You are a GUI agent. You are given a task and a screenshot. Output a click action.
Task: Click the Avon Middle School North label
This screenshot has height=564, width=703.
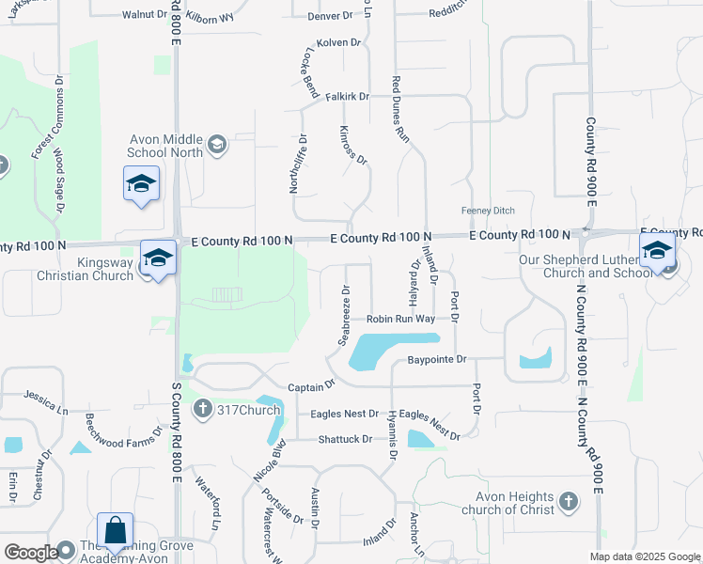(x=166, y=147)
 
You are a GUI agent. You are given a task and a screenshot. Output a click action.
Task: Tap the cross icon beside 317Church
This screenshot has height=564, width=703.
(x=202, y=409)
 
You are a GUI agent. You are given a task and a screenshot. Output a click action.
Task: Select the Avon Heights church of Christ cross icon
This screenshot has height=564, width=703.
(x=568, y=502)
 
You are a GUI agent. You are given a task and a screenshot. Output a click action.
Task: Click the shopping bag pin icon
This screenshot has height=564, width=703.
(x=115, y=531)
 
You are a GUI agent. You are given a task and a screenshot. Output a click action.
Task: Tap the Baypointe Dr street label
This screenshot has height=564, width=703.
(x=437, y=359)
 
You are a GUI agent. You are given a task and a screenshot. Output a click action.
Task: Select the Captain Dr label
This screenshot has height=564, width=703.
(x=311, y=386)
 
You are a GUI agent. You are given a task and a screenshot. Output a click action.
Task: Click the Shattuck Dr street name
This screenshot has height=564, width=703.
(x=345, y=439)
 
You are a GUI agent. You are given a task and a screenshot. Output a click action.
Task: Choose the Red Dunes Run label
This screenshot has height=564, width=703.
(x=402, y=109)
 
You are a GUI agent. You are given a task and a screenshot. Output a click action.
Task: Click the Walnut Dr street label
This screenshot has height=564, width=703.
(x=144, y=15)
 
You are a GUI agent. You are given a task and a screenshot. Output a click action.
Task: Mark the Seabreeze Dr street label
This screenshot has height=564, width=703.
(x=343, y=312)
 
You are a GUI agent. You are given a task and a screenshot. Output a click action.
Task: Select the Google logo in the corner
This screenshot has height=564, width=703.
(x=31, y=552)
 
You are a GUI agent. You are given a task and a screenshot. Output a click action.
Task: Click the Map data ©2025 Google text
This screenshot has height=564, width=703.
(x=644, y=556)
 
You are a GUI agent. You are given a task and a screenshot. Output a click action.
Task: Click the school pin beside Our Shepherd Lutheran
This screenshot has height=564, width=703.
(x=656, y=251)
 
